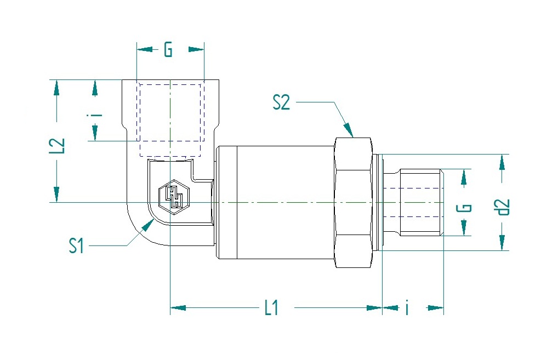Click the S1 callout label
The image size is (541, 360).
[x=76, y=245]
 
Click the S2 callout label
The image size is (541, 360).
[x=281, y=102]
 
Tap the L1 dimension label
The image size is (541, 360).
[x=271, y=307]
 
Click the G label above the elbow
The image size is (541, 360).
[x=168, y=49]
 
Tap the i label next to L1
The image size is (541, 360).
[x=407, y=307]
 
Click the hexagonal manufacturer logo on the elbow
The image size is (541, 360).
[x=174, y=197]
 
